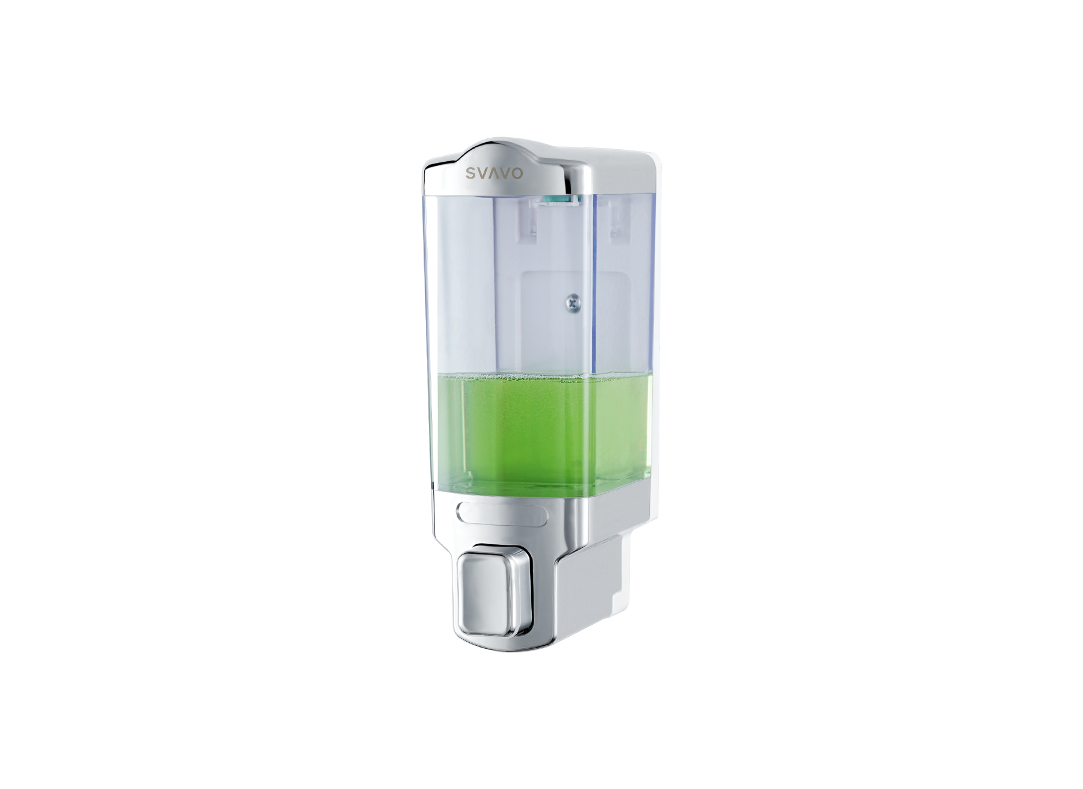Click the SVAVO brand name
[x=496, y=173]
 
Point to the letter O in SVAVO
[x=518, y=173]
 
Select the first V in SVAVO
[x=483, y=174]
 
